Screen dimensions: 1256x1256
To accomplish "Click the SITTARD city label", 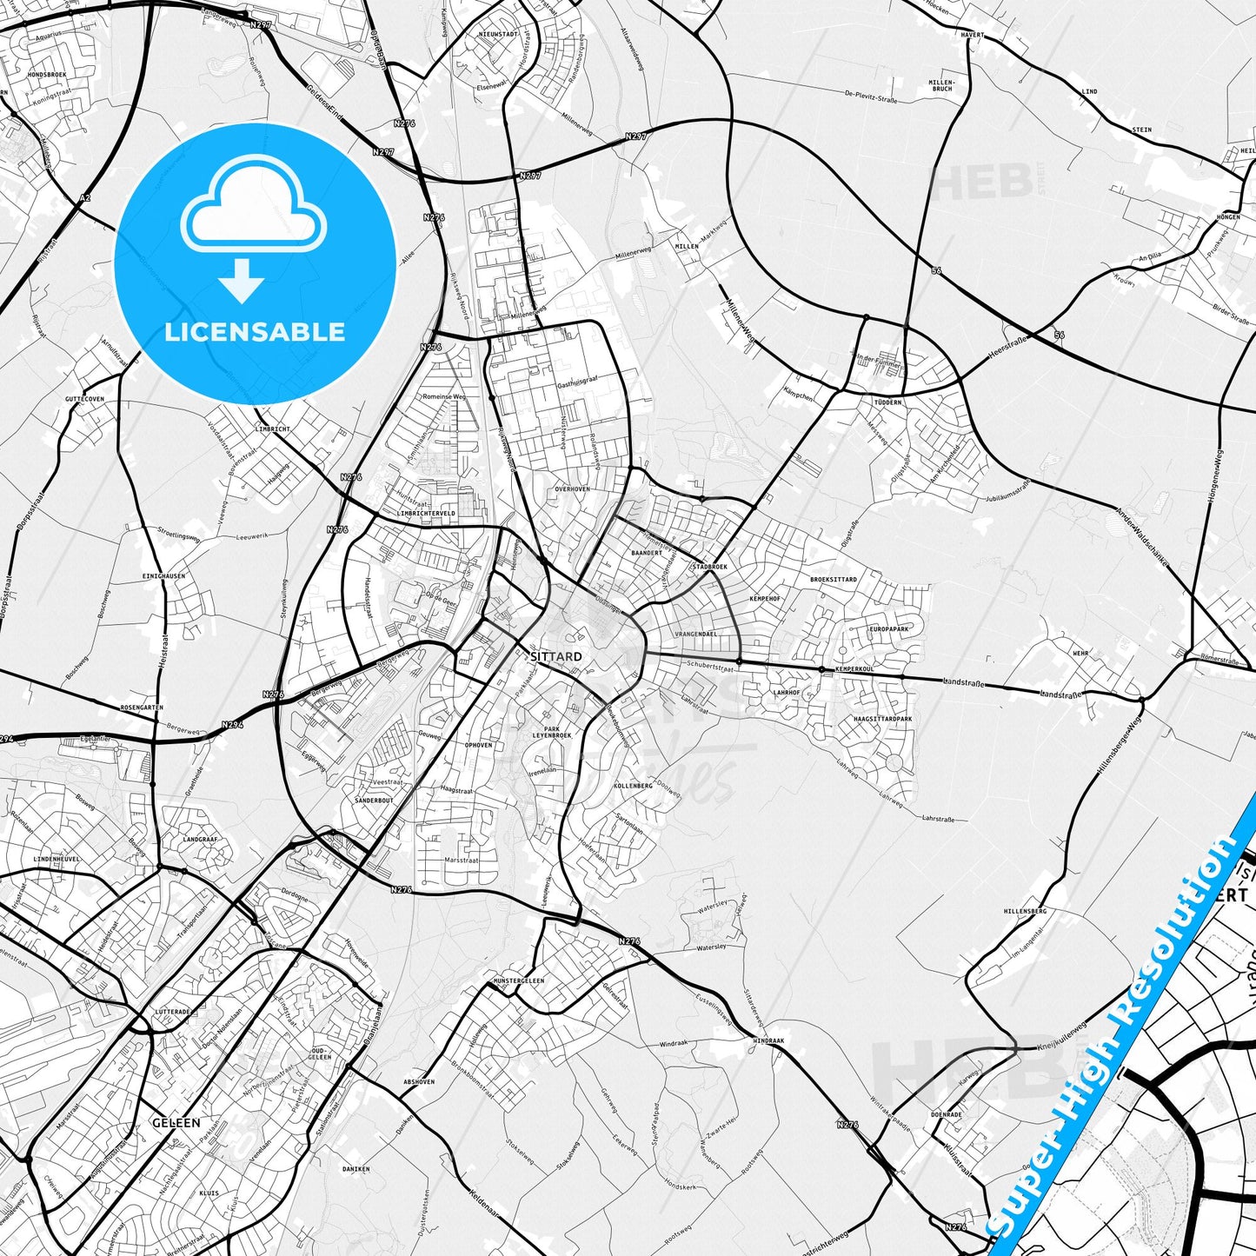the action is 555,657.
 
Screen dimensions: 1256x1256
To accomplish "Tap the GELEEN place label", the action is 176,1122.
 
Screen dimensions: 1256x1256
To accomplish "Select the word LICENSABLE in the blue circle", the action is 255,332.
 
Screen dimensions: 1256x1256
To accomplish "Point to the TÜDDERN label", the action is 888,403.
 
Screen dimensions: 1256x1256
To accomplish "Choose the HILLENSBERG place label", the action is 1025,912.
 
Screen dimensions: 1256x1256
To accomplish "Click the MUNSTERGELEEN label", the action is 518,980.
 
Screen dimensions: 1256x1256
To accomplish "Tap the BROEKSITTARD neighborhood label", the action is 833,579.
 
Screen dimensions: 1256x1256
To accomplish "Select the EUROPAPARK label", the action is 889,628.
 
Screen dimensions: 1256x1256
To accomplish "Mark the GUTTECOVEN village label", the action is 84,399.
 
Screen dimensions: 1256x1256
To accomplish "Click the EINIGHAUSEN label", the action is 163,576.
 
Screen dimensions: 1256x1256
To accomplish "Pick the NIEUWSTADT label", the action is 498,34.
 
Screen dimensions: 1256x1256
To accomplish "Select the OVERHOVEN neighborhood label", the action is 572,489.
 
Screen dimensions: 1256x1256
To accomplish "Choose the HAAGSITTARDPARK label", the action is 883,719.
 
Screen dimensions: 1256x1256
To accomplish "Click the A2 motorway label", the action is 84,199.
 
